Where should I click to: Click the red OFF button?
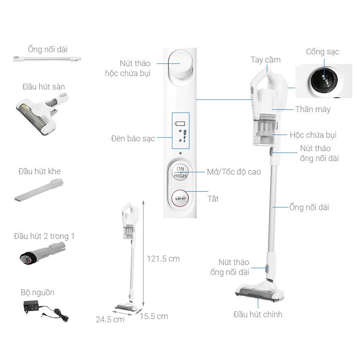pyautogui.click(x=180, y=198)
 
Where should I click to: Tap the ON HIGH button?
pyautogui.click(x=180, y=172)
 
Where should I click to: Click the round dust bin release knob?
pyautogui.click(x=180, y=65)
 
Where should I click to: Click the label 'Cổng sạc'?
pyautogui.click(x=322, y=52)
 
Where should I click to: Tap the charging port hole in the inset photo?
pyautogui.click(x=323, y=77)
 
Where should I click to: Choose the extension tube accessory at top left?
pyautogui.click(x=47, y=58)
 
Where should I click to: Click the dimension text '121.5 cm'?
pyautogui.click(x=163, y=259)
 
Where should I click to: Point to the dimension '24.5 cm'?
pyautogui.click(x=110, y=319)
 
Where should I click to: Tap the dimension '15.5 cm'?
pyautogui.click(x=153, y=316)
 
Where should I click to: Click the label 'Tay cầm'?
pyautogui.click(x=265, y=60)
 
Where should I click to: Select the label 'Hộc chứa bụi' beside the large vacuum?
pyautogui.click(x=313, y=135)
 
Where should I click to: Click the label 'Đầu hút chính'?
pyautogui.click(x=258, y=314)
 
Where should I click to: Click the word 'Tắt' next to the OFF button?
pyautogui.click(x=213, y=198)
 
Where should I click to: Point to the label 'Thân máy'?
pyautogui.click(x=313, y=109)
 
